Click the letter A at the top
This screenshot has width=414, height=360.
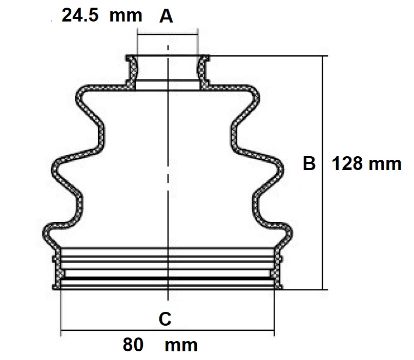(166, 17)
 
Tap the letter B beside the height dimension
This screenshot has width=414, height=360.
(308, 163)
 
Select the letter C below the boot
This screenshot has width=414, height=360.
(164, 319)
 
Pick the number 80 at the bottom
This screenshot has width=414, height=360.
(133, 345)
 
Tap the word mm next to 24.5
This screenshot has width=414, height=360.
(126, 15)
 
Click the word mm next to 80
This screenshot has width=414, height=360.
(181, 345)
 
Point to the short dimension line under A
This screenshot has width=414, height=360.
(167, 35)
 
